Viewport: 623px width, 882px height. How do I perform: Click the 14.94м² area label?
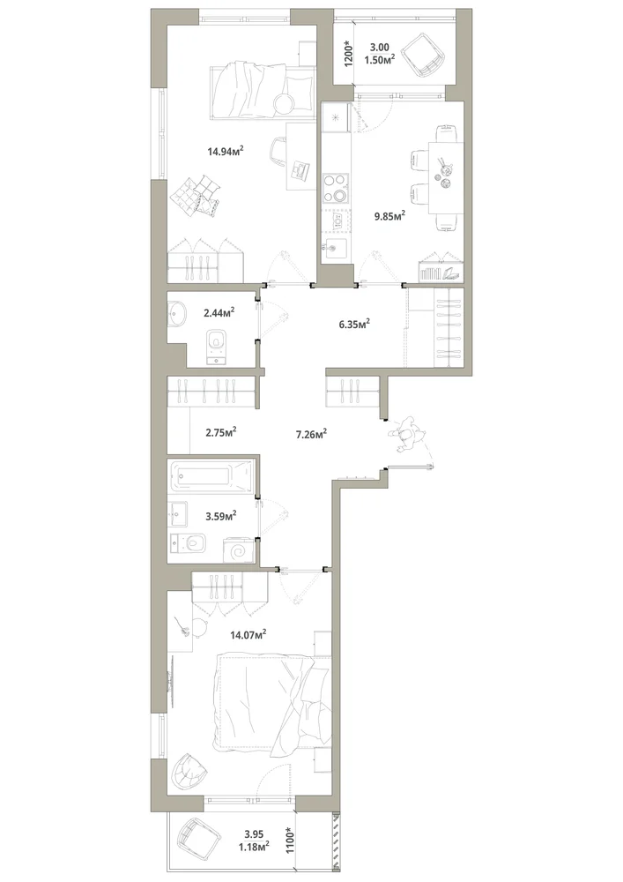pyautogui.click(x=225, y=151)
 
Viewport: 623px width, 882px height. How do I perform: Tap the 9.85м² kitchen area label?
pyautogui.click(x=390, y=216)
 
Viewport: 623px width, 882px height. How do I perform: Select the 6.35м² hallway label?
pyautogui.click(x=354, y=324)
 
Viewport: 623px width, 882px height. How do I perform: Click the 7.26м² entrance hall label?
pyautogui.click(x=312, y=434)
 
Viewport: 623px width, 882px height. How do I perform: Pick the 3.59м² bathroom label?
pyautogui.click(x=219, y=515)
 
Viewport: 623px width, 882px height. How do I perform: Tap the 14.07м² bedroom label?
pyautogui.click(x=248, y=635)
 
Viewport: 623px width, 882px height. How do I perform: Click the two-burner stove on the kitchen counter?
pyautogui.click(x=336, y=189)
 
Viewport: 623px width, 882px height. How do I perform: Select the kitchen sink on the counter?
pyautogui.click(x=336, y=246)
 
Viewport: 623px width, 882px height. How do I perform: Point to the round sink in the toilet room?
pyautogui.click(x=176, y=313)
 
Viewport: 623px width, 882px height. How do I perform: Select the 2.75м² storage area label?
pyautogui.click(x=220, y=432)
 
